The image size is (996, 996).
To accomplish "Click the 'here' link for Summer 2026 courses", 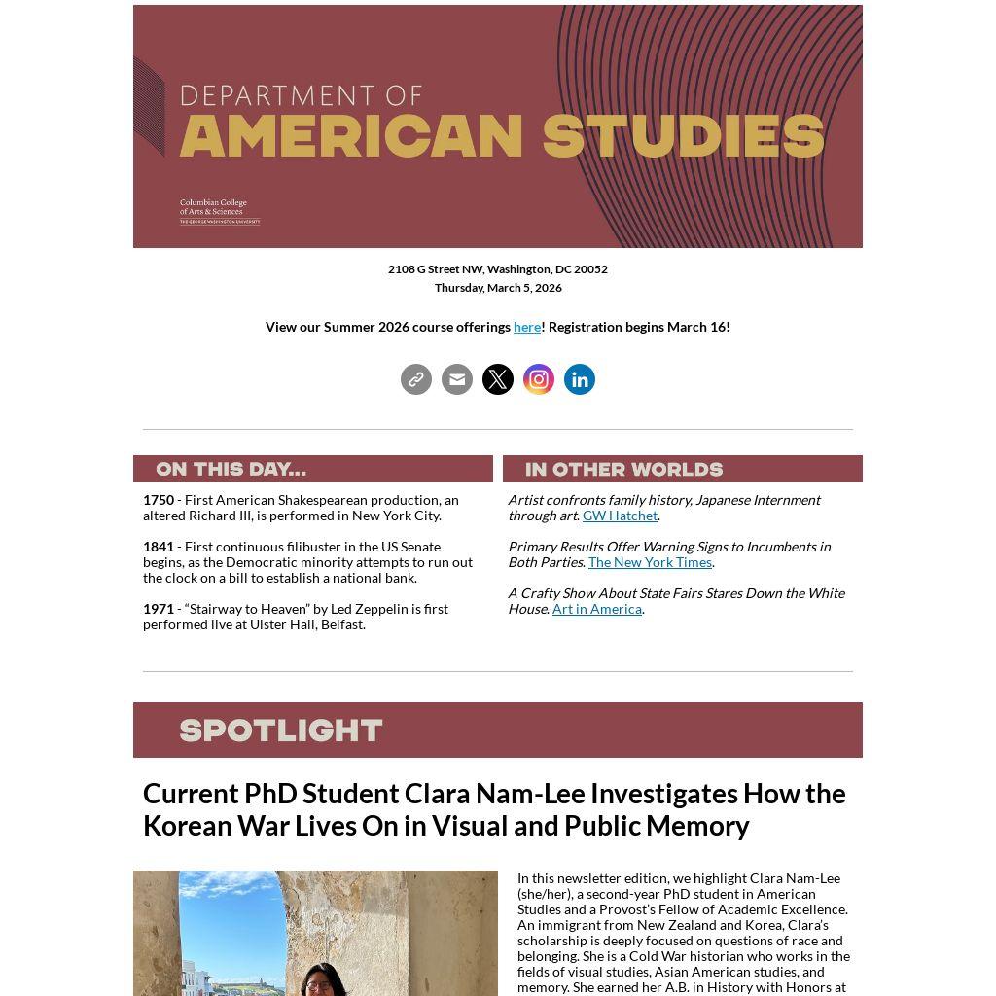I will (526, 327).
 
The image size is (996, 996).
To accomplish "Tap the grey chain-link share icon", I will (416, 379).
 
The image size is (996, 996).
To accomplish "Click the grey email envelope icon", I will (457, 379).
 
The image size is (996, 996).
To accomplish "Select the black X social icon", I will (498, 379).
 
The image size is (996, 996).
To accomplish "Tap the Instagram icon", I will (539, 379).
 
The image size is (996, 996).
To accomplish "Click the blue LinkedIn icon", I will (580, 379).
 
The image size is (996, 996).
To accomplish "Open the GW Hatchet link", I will (620, 516).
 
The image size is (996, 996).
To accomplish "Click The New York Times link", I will (650, 562).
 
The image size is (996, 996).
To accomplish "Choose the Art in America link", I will (596, 609).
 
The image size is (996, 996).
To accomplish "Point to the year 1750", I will (159, 500).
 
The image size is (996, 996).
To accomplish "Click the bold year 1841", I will (159, 547).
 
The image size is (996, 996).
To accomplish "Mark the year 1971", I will (159, 609).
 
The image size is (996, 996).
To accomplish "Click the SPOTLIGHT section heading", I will (281, 730).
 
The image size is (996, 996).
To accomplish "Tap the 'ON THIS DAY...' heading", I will (231, 469).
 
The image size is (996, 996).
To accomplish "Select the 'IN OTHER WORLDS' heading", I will (623, 470).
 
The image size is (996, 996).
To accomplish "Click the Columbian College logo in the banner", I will (220, 211).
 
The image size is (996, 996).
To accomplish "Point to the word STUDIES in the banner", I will (683, 136).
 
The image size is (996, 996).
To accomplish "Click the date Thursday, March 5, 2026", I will (498, 288).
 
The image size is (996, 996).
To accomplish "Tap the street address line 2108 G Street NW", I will (498, 269).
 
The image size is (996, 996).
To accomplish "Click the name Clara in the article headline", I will (437, 794).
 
